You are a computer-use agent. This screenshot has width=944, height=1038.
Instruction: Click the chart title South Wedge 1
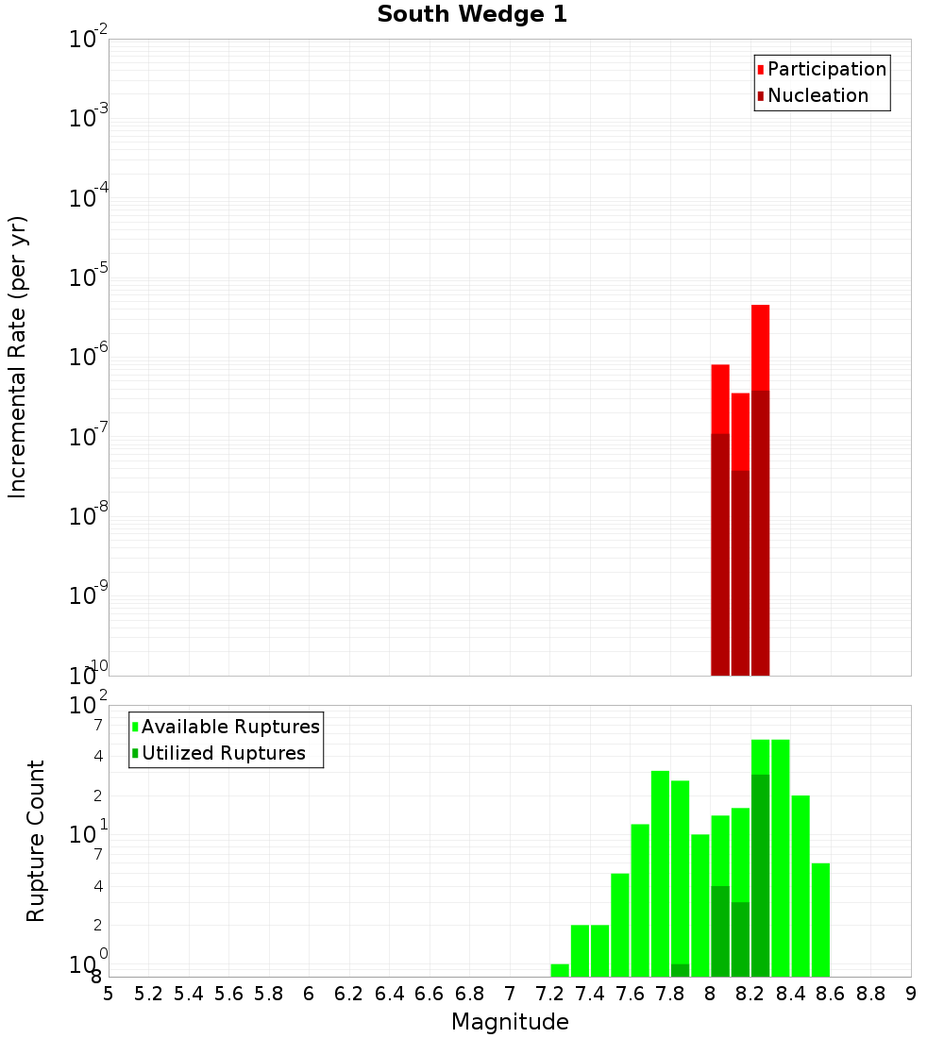pyautogui.click(x=472, y=15)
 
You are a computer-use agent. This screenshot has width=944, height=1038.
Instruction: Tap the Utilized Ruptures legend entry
pyautogui.click(x=223, y=754)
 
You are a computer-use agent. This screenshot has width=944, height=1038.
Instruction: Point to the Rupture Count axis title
pyautogui.click(x=36, y=841)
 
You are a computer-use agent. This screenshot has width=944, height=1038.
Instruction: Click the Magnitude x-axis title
pyautogui.click(x=510, y=1022)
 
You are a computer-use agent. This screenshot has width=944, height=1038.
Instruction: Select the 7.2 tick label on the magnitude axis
pyautogui.click(x=549, y=994)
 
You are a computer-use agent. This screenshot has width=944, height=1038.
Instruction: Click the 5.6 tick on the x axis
pyautogui.click(x=228, y=994)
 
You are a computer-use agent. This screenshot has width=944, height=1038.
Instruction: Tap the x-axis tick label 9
pyautogui.click(x=911, y=994)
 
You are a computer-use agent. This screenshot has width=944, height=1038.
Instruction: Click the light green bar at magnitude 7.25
pyautogui.click(x=560, y=970)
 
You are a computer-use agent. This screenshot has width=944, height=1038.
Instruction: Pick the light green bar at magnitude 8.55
pyautogui.click(x=820, y=920)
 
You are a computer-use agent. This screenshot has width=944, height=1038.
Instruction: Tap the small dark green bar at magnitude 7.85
pyautogui.click(x=680, y=970)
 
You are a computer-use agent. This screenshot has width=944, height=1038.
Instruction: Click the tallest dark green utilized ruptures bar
pyautogui.click(x=760, y=873)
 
